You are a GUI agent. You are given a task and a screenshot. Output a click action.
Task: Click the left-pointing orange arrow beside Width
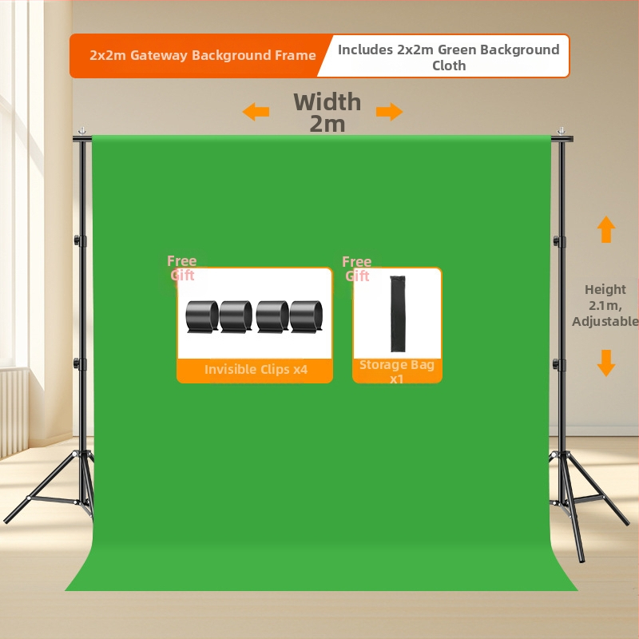pos(256,111)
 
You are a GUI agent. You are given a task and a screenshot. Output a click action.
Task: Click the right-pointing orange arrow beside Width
pos(389,111)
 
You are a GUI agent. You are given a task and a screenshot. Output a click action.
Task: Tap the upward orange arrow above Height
pos(606,229)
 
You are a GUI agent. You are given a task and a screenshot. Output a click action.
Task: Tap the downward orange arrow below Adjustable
pos(606,363)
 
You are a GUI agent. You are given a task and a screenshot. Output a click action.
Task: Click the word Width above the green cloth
pos(327,102)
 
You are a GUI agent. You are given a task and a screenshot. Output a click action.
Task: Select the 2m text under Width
pos(327,124)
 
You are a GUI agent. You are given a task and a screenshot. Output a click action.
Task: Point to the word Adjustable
pos(605,322)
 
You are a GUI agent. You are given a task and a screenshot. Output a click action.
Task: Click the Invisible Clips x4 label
pos(256,369)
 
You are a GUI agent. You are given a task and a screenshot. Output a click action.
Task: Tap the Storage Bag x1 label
pos(396,371)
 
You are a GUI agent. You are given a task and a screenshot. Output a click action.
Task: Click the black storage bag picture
pos(398,313)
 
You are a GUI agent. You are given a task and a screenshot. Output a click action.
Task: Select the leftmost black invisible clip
pos(202,316)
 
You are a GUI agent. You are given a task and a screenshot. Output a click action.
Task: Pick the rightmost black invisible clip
pos(306,316)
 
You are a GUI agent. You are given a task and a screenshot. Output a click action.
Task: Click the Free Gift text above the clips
pos(182,268)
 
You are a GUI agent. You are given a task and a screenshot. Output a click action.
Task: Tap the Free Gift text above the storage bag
pos(357,269)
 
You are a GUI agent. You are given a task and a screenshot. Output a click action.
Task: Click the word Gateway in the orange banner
pos(159,55)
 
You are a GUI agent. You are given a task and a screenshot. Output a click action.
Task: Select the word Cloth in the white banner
pos(449,65)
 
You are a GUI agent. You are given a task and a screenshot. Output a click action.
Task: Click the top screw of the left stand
pos(82,131)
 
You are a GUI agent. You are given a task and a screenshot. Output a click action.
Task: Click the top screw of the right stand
pos(562,131)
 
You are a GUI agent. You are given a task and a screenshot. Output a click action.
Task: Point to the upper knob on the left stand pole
pos(77,240)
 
